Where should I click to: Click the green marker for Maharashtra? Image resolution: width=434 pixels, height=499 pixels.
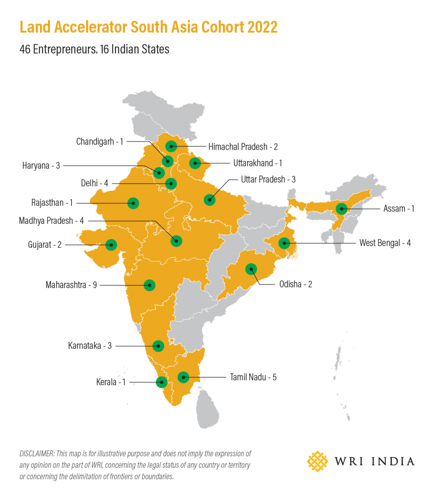click(149, 285)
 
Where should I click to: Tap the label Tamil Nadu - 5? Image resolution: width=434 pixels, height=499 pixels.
click(253, 378)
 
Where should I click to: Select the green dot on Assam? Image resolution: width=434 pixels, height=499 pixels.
click(342, 209)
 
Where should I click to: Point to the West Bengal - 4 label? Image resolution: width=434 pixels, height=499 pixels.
click(385, 243)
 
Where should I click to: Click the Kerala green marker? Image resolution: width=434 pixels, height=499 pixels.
click(161, 382)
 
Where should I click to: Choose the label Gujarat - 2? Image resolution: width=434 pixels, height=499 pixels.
click(45, 245)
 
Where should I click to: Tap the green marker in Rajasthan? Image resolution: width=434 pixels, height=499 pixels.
click(133, 203)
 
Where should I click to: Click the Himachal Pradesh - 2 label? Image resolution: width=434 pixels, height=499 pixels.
click(243, 147)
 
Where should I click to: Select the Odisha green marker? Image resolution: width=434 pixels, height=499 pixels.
click(251, 269)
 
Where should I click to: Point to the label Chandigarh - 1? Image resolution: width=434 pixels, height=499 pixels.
click(99, 142)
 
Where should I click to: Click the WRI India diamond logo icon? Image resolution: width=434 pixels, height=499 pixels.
click(317, 461)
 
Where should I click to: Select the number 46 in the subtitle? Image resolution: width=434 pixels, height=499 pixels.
click(25, 49)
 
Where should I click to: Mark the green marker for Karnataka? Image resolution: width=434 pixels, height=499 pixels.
click(158, 346)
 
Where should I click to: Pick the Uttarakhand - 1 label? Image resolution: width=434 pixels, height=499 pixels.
click(258, 163)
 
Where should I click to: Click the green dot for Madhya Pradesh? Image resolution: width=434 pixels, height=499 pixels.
click(176, 241)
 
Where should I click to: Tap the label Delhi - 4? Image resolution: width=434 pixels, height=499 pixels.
click(94, 183)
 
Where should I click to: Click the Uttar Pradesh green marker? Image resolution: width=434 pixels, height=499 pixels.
click(210, 200)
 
